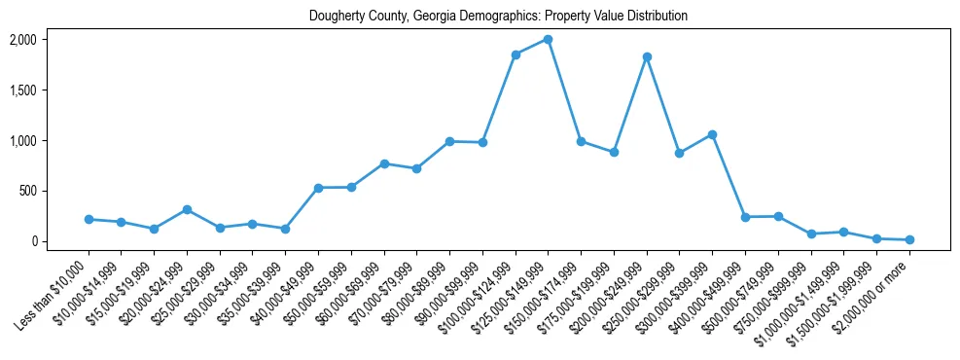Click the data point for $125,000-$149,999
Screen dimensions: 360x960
tap(549, 40)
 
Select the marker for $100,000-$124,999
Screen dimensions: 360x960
tap(516, 54)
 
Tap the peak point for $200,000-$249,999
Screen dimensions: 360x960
tap(647, 57)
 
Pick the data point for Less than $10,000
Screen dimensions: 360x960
tap(89, 220)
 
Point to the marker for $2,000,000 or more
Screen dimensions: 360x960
tap(909, 239)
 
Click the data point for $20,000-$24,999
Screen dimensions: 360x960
tap(187, 209)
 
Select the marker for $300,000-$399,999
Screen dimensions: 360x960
tap(713, 134)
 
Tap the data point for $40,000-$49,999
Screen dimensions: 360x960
tap(318, 188)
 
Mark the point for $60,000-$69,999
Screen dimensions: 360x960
tap(384, 163)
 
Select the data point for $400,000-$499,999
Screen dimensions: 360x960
tap(745, 217)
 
